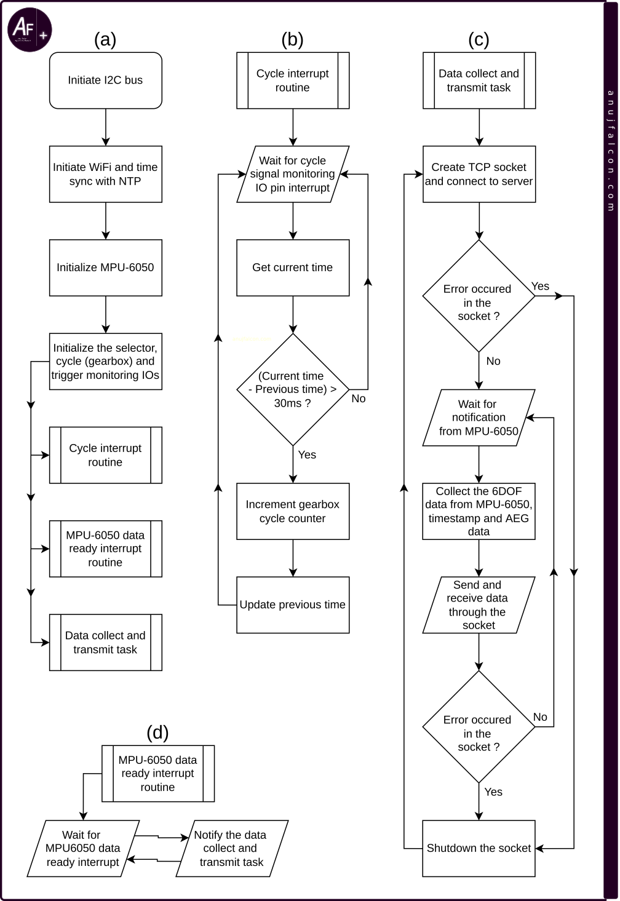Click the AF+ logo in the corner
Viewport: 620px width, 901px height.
[x=30, y=30]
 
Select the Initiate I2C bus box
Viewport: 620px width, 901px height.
[x=105, y=81]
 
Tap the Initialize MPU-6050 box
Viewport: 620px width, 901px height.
[x=105, y=268]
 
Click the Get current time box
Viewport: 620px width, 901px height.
[x=293, y=268]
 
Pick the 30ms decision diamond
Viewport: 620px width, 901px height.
[x=293, y=389]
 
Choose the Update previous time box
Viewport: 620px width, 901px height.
[x=293, y=605]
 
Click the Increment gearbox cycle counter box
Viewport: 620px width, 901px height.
[x=293, y=511]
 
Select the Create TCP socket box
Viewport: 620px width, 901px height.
[x=479, y=174]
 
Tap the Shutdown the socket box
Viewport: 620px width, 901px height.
[x=479, y=848]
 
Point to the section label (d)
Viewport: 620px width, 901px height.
[x=157, y=732]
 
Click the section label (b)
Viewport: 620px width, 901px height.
[x=293, y=39]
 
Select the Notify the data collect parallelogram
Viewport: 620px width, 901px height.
[x=232, y=848]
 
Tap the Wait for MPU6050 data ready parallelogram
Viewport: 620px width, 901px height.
[x=83, y=848]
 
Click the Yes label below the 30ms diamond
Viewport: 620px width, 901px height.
[x=307, y=454]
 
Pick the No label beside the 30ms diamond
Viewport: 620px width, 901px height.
[x=359, y=399]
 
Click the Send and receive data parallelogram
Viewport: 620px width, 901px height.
[x=479, y=605]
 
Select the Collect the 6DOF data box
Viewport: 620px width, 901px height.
[x=479, y=511]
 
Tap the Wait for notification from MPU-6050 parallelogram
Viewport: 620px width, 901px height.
[x=479, y=418]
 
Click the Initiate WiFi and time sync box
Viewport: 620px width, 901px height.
[x=105, y=174]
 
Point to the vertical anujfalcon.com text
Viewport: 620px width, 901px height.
[x=611, y=151]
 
